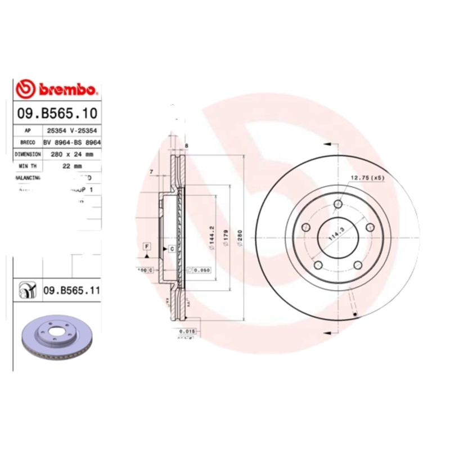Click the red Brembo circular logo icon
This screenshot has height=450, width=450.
[25, 89]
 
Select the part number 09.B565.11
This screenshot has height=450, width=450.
[71, 290]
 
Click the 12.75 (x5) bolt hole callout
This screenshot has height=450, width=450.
[367, 178]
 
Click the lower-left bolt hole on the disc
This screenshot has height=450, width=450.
[318, 264]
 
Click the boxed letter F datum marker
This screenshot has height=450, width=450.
[146, 246]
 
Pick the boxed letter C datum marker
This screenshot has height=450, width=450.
[172, 248]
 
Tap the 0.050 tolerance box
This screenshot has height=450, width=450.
[200, 270]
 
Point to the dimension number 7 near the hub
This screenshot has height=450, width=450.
[151, 172]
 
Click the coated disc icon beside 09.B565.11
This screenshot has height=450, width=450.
[26, 290]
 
